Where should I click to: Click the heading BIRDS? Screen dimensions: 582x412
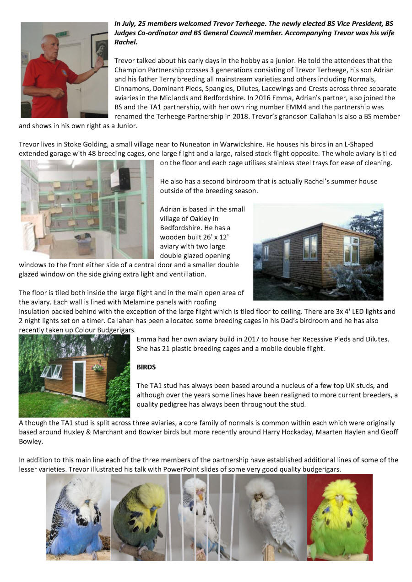(146, 367)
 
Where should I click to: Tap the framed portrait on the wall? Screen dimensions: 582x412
(99, 49)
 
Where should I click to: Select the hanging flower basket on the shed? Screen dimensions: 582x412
(97, 367)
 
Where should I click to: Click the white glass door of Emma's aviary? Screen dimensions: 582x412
(79, 378)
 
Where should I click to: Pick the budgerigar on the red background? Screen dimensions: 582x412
(339, 517)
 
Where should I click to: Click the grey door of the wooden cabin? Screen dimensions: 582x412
(286, 259)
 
